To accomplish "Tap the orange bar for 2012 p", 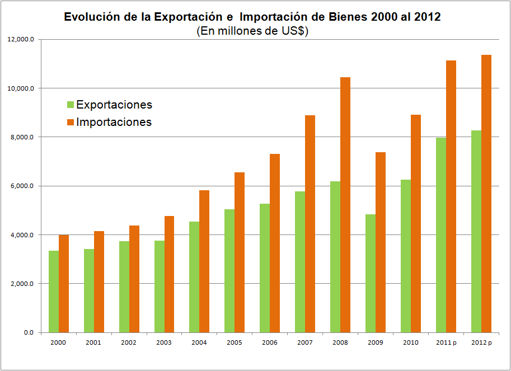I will click(x=486, y=194).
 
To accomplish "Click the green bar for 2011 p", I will click(x=441, y=235).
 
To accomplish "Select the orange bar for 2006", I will click(x=275, y=243).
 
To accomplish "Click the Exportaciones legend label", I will click(x=114, y=105).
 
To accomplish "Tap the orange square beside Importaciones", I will click(x=70, y=121).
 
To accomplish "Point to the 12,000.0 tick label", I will click(x=22, y=40).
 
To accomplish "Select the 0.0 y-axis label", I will click(x=29, y=332).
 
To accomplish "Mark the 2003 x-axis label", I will click(x=164, y=342).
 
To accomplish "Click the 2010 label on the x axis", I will click(x=410, y=342).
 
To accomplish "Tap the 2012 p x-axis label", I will click(x=481, y=342).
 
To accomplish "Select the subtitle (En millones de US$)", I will click(x=252, y=31).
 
